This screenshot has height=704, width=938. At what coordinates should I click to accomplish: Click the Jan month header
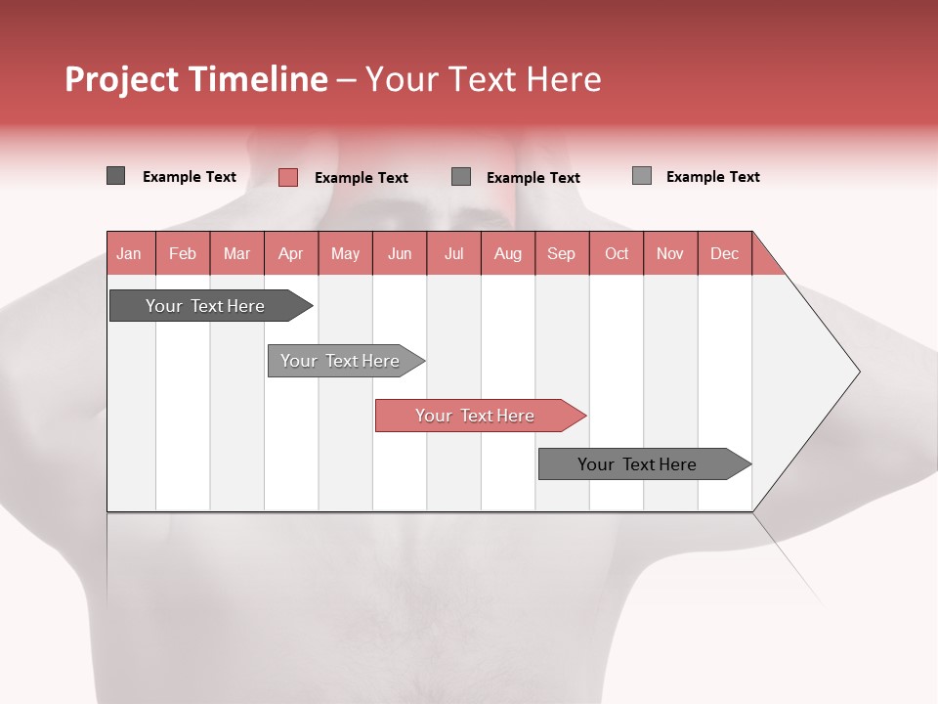(130, 253)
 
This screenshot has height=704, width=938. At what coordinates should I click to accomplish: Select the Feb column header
(183, 253)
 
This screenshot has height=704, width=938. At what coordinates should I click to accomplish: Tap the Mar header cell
(236, 253)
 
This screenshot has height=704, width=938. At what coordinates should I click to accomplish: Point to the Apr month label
(291, 253)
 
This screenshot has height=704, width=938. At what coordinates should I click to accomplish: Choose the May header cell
(345, 253)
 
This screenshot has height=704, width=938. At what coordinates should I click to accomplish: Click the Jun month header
(400, 253)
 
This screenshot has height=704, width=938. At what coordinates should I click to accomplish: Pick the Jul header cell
(453, 253)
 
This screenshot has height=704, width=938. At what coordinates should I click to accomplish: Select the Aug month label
(508, 253)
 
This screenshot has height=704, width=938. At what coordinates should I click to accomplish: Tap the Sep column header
(562, 253)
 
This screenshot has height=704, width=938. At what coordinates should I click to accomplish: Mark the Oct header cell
(617, 253)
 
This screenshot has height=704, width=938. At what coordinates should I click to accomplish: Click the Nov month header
(670, 253)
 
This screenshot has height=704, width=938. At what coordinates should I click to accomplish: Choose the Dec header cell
(725, 253)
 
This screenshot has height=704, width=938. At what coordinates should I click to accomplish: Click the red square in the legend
(288, 177)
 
